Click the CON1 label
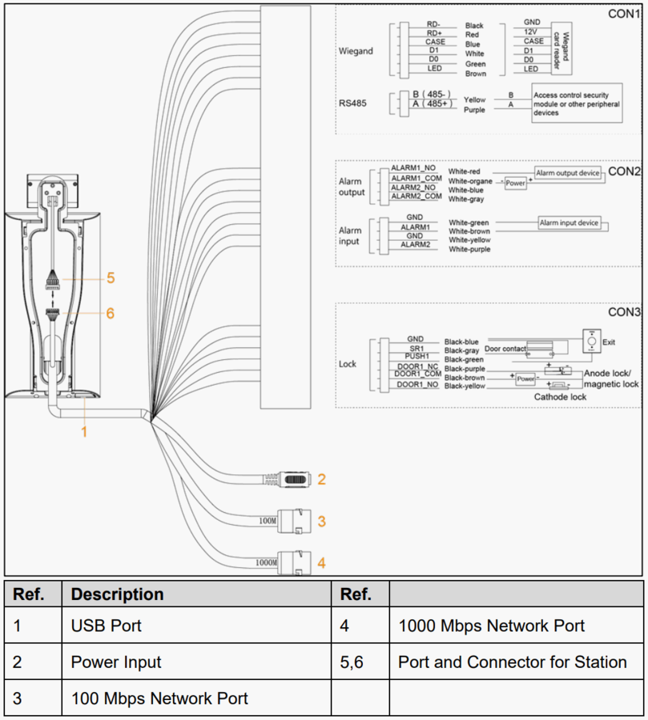click(x=624, y=14)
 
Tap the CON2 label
click(x=624, y=171)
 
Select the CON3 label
click(x=624, y=312)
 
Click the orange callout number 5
click(x=111, y=278)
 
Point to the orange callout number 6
click(x=111, y=313)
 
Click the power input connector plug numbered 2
click(x=294, y=479)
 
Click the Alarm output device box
click(x=568, y=173)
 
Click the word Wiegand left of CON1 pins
click(x=356, y=51)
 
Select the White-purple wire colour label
click(x=470, y=249)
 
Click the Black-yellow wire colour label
click(x=465, y=386)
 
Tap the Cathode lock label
click(x=561, y=397)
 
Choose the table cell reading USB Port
click(x=106, y=626)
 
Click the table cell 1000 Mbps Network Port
click(x=491, y=626)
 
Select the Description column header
click(x=117, y=594)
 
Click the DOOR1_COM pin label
click(x=417, y=374)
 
